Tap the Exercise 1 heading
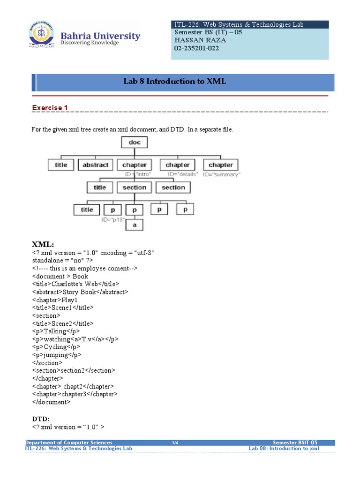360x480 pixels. click(50, 108)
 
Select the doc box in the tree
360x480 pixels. click(135, 142)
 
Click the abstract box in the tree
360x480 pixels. click(95, 165)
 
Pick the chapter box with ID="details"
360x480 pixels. click(178, 165)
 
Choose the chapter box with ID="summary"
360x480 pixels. click(220, 165)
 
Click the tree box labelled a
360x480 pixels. click(135, 225)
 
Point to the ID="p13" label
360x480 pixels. click(113, 219)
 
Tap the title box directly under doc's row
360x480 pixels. click(61, 165)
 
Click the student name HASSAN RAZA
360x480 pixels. click(200, 40)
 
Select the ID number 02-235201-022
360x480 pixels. click(196, 48)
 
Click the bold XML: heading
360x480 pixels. click(43, 245)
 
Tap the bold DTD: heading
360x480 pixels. click(41, 418)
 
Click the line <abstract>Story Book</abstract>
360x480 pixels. click(80, 292)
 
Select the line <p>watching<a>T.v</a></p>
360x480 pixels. click(75, 339)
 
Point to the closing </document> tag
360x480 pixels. click(52, 402)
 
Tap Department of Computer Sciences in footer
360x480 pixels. click(69, 442)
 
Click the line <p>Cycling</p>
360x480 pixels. click(56, 347)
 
